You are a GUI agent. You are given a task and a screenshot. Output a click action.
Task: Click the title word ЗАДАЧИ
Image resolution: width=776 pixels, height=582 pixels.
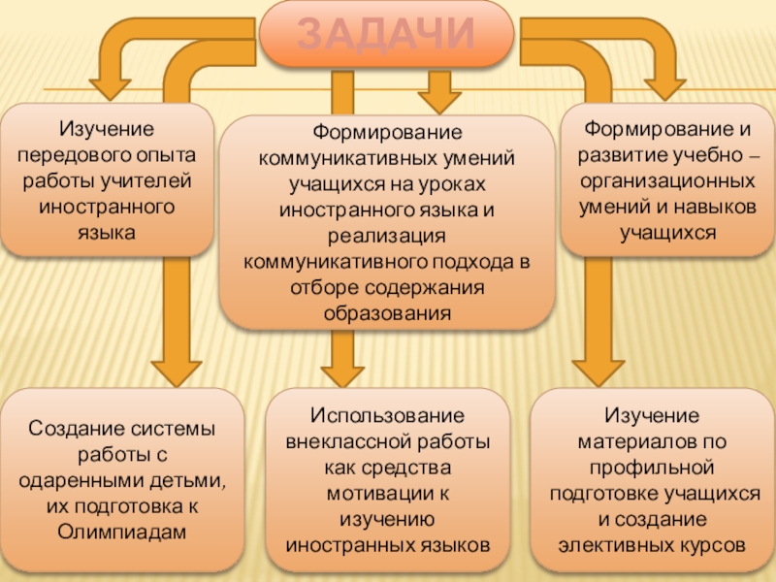click(385, 34)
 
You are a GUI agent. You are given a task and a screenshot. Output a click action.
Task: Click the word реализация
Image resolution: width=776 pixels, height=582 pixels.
click(387, 237)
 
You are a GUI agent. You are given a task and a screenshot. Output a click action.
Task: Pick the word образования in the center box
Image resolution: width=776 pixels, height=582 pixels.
click(387, 313)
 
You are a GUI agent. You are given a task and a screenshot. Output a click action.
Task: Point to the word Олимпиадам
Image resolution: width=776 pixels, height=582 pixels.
click(120, 533)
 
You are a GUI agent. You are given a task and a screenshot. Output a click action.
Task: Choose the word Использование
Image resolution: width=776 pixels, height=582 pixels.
click(387, 415)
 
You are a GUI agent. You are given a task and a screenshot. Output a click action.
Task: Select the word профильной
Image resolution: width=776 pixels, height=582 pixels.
click(651, 467)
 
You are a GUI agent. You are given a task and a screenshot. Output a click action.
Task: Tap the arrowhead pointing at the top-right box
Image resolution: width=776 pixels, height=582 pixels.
click(663, 85)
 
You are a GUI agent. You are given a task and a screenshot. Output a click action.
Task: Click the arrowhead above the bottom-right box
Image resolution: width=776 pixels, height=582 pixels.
click(593, 369)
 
